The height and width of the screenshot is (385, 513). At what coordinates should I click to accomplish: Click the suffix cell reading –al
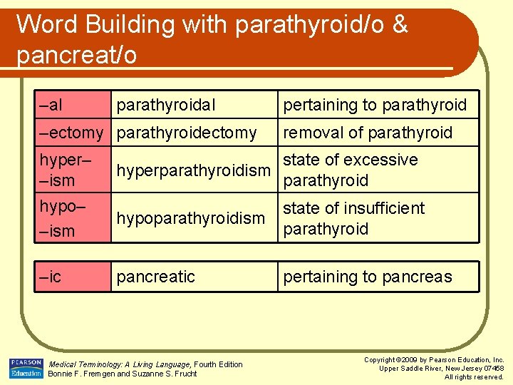[x=51, y=106]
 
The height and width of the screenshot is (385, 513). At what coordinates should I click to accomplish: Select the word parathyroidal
[x=165, y=106]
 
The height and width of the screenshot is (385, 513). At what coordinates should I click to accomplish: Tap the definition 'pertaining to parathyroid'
[x=375, y=106]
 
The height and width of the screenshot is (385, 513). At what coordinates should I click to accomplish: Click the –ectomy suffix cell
[x=71, y=133]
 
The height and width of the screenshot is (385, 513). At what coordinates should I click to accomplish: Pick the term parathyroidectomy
[x=187, y=133]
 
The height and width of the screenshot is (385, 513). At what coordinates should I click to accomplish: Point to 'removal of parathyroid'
[x=368, y=133]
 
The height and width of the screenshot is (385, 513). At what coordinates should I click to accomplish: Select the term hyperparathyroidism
[x=194, y=170]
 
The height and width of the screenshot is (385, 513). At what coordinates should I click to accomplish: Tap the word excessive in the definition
[x=383, y=160]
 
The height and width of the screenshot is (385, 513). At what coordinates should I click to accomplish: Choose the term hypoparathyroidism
[x=190, y=218]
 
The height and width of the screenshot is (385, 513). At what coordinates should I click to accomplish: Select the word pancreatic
[x=155, y=277]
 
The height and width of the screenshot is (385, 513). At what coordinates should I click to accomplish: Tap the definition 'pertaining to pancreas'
[x=368, y=277]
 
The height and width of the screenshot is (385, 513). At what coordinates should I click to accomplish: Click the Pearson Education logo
[x=26, y=368]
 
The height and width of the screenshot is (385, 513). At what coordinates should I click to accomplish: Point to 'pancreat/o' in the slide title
[x=76, y=55]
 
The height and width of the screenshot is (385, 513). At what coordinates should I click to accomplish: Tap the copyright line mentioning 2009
[x=434, y=360]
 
